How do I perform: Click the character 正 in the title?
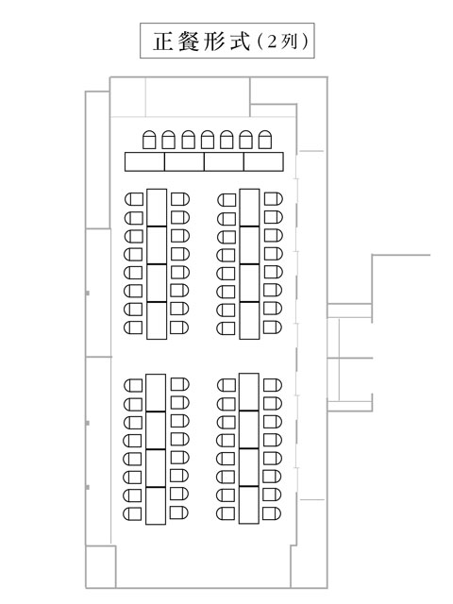pos(163,42)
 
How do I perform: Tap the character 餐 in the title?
pos(189,42)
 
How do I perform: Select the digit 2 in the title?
pos(272,42)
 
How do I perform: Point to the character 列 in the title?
pos(290,42)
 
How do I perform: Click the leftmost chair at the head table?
pos(149,140)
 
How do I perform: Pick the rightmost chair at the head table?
pos(265,140)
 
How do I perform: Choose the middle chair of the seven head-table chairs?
pos(208,140)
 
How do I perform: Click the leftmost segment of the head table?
pos(144,161)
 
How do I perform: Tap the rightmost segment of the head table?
pos(263,161)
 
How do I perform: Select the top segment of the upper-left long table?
pos(157,208)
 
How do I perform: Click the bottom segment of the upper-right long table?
pos(249,321)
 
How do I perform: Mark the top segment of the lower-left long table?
pos(156,393)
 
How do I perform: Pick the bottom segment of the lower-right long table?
pos(248,505)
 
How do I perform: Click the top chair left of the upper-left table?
pos(134,199)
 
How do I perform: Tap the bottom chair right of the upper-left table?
pos(179,327)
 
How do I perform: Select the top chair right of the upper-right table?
pos(273,199)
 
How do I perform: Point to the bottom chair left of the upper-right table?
pos(226,328)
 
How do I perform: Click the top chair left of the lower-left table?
pos(133,385)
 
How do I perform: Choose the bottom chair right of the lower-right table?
pos(272,513)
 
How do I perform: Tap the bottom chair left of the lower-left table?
pos(132,513)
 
